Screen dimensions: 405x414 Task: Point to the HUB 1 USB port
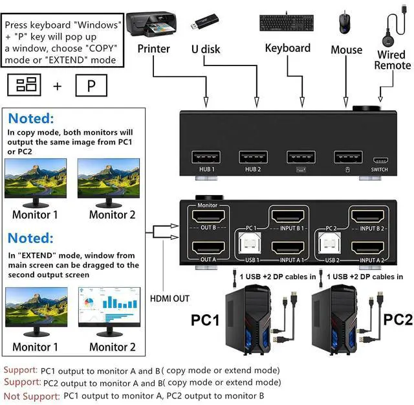pyautogui.click(x=206, y=157)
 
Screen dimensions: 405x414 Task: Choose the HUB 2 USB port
pyautogui.click(x=254, y=157)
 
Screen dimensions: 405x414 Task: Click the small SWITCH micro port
pyautogui.click(x=380, y=159)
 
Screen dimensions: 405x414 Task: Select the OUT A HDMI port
pyautogui.click(x=204, y=248)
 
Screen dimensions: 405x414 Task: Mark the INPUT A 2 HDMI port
pyautogui.click(x=371, y=248)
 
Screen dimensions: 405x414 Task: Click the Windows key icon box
pyautogui.click(x=24, y=85)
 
